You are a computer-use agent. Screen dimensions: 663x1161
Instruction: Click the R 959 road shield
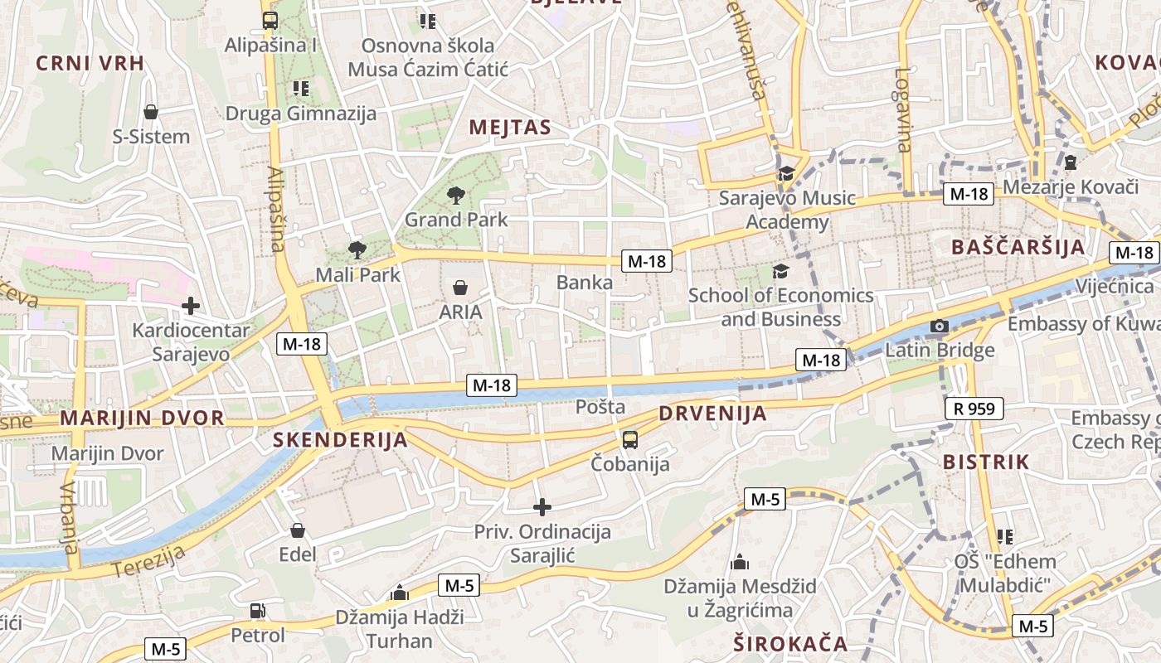coord(974,408)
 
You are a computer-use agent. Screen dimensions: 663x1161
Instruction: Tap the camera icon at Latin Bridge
coord(939,326)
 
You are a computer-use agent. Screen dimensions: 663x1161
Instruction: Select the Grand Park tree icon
coord(455,196)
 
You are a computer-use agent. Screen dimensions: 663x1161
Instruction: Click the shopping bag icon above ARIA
coord(460,288)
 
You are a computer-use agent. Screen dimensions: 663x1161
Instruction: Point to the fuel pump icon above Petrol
coord(258,612)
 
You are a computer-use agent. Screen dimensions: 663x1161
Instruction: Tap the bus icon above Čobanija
coord(630,439)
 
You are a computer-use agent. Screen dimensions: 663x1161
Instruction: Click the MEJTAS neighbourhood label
coord(510,127)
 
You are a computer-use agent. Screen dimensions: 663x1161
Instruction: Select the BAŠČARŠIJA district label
coord(1018,246)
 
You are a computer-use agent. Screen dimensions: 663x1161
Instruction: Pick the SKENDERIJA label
coord(340,440)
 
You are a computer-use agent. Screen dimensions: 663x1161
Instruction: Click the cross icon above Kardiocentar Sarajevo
coord(191,306)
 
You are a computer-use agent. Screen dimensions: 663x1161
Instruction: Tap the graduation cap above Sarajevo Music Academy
coord(785,173)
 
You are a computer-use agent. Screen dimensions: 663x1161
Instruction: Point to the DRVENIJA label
coord(712,414)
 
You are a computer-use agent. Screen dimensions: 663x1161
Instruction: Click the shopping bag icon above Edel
coord(298,530)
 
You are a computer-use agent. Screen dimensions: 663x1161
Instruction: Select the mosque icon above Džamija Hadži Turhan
coord(400,593)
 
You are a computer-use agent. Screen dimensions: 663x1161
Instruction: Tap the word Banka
coord(585,283)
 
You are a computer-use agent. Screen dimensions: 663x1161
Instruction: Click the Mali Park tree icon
coord(357,249)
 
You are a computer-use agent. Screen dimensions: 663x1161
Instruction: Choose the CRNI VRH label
coord(90,63)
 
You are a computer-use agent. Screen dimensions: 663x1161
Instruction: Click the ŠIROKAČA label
coord(790,643)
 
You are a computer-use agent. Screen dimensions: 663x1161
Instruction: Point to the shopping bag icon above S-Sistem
coord(151,112)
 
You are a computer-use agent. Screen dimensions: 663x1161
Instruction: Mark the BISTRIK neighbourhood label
coord(985,462)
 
